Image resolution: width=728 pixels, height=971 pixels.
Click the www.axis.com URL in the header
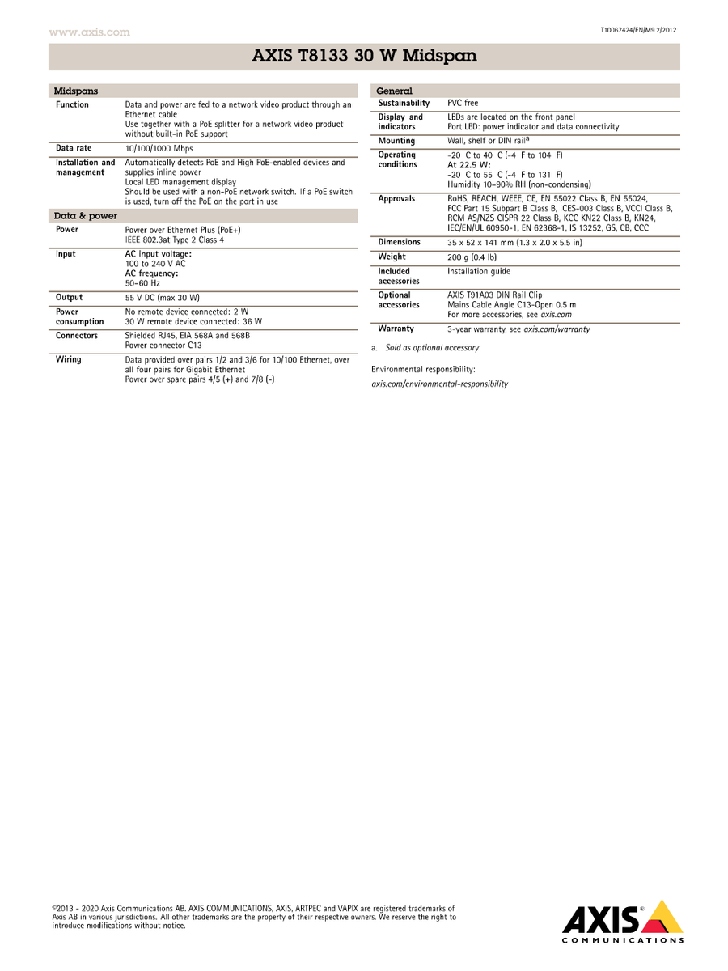(x=89, y=32)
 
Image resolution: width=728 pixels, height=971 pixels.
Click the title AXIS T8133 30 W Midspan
(x=364, y=57)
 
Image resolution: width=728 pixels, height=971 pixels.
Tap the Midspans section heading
(x=75, y=91)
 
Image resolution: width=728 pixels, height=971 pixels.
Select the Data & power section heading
(x=85, y=216)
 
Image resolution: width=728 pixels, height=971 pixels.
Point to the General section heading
(x=394, y=91)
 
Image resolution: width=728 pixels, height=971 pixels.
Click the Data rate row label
(x=74, y=148)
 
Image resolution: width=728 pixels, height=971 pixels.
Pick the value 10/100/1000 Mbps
(x=159, y=149)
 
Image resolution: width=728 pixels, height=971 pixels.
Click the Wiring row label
(x=68, y=359)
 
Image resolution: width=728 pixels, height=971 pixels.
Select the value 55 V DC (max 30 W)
(x=162, y=298)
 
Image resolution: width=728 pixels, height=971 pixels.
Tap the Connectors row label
(x=77, y=335)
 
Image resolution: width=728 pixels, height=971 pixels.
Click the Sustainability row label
(x=404, y=104)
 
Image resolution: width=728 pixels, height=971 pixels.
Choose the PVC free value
(x=463, y=104)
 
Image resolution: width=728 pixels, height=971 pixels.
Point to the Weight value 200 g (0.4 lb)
(x=472, y=257)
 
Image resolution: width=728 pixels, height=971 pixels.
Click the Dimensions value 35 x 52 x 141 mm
(x=514, y=243)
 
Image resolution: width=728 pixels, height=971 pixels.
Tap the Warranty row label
(x=396, y=329)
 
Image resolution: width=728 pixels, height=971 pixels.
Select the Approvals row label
(x=396, y=198)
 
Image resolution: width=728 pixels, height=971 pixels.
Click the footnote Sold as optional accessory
(x=431, y=348)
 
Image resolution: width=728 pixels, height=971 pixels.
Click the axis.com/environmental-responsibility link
(x=439, y=384)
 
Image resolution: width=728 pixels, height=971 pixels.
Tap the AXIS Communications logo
(x=623, y=922)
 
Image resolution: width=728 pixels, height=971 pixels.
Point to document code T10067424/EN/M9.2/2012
(x=638, y=30)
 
